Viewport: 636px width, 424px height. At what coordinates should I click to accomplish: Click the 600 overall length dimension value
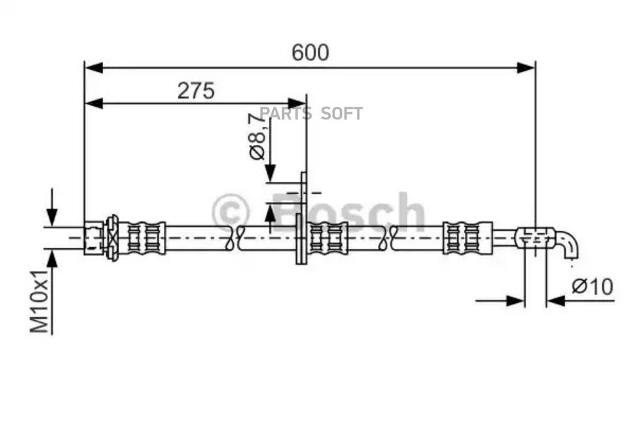pos(310,52)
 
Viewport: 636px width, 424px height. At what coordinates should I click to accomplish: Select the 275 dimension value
pos(196,90)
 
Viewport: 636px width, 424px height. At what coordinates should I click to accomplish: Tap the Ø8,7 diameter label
pos(257,136)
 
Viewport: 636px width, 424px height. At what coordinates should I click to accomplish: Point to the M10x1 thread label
pos(40,300)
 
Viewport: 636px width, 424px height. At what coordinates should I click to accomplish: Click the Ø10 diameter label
pos(592,287)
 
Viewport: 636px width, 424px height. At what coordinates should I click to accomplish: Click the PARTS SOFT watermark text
pos(311,114)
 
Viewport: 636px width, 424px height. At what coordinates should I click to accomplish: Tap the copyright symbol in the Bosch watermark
pos(231,211)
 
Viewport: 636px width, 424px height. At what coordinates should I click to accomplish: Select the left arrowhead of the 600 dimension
pos(94,68)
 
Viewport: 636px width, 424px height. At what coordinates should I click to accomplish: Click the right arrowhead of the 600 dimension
pos(526,68)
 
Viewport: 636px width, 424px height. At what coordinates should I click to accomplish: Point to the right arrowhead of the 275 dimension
pos(297,103)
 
